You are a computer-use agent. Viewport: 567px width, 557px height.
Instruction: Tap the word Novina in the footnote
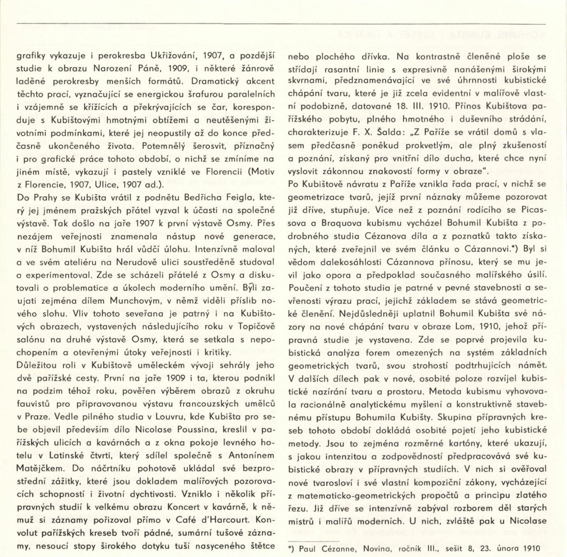point(375,549)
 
